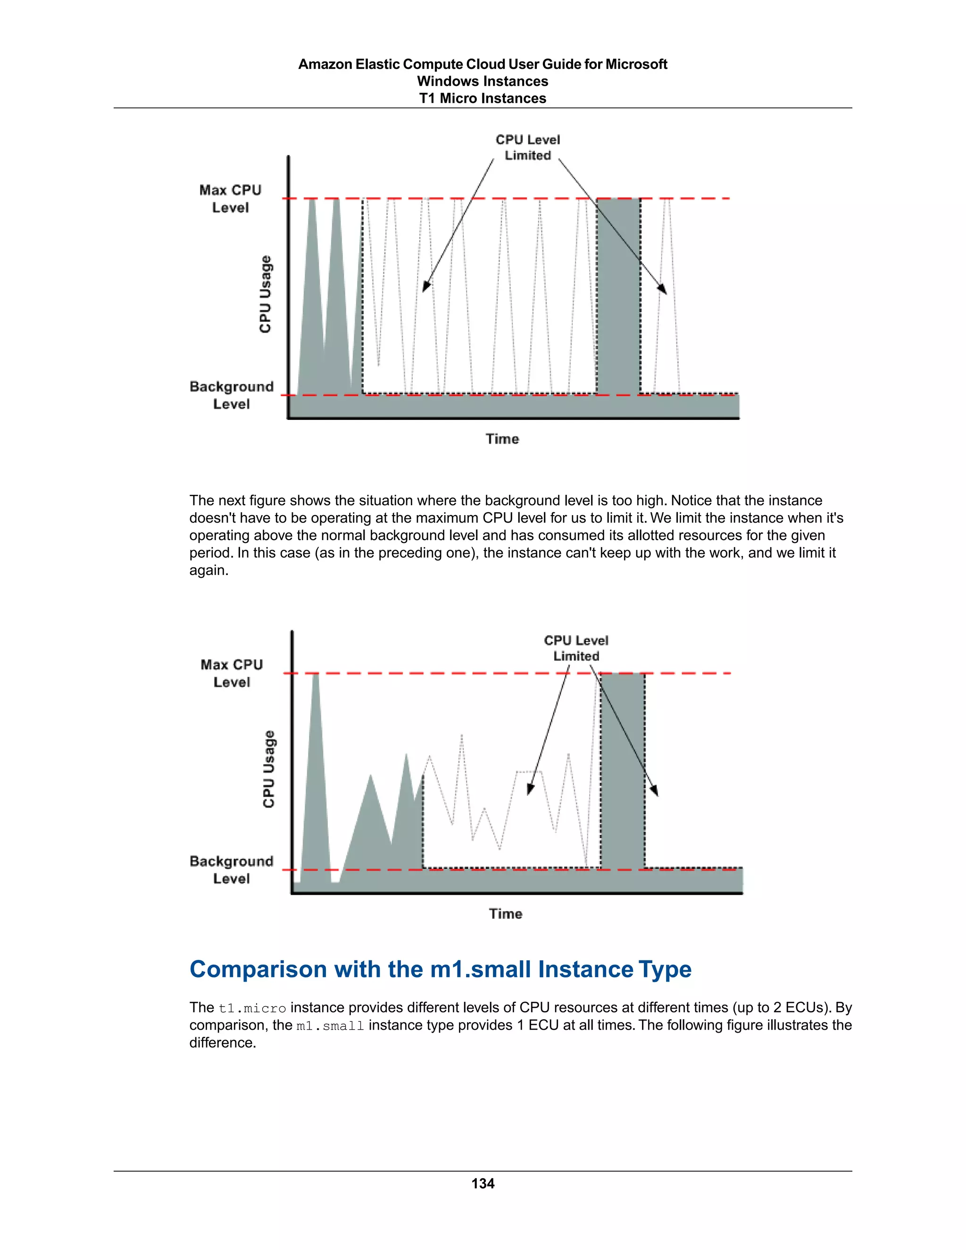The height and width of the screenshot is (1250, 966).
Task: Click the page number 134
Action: click(483, 1183)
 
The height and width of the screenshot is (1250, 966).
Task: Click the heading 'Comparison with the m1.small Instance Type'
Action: click(440, 969)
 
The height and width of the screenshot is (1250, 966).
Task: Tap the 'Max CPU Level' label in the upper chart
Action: click(230, 199)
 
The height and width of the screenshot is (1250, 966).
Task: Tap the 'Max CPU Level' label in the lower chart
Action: click(231, 673)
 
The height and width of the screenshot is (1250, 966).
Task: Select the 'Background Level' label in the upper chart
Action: click(231, 395)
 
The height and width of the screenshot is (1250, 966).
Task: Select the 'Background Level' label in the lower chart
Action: click(231, 869)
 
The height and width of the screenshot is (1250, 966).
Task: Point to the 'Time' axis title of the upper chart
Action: click(502, 439)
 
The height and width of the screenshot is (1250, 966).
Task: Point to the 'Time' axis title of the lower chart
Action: click(505, 914)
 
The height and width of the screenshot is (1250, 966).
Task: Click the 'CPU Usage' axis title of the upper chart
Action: click(265, 294)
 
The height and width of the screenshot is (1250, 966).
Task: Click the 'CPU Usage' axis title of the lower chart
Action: click(268, 769)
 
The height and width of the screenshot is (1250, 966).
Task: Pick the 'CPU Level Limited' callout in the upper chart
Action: click(528, 148)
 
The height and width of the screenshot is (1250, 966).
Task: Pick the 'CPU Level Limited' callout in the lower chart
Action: click(576, 649)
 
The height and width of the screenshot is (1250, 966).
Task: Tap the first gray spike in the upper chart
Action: click(312, 298)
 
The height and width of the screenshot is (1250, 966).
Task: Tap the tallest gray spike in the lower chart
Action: click(316, 773)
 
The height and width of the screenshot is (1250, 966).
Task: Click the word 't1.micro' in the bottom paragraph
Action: click(252, 1008)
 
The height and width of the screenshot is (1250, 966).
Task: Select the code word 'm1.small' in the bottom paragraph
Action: click(330, 1025)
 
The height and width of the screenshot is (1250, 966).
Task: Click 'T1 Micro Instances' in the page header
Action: click(483, 99)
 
